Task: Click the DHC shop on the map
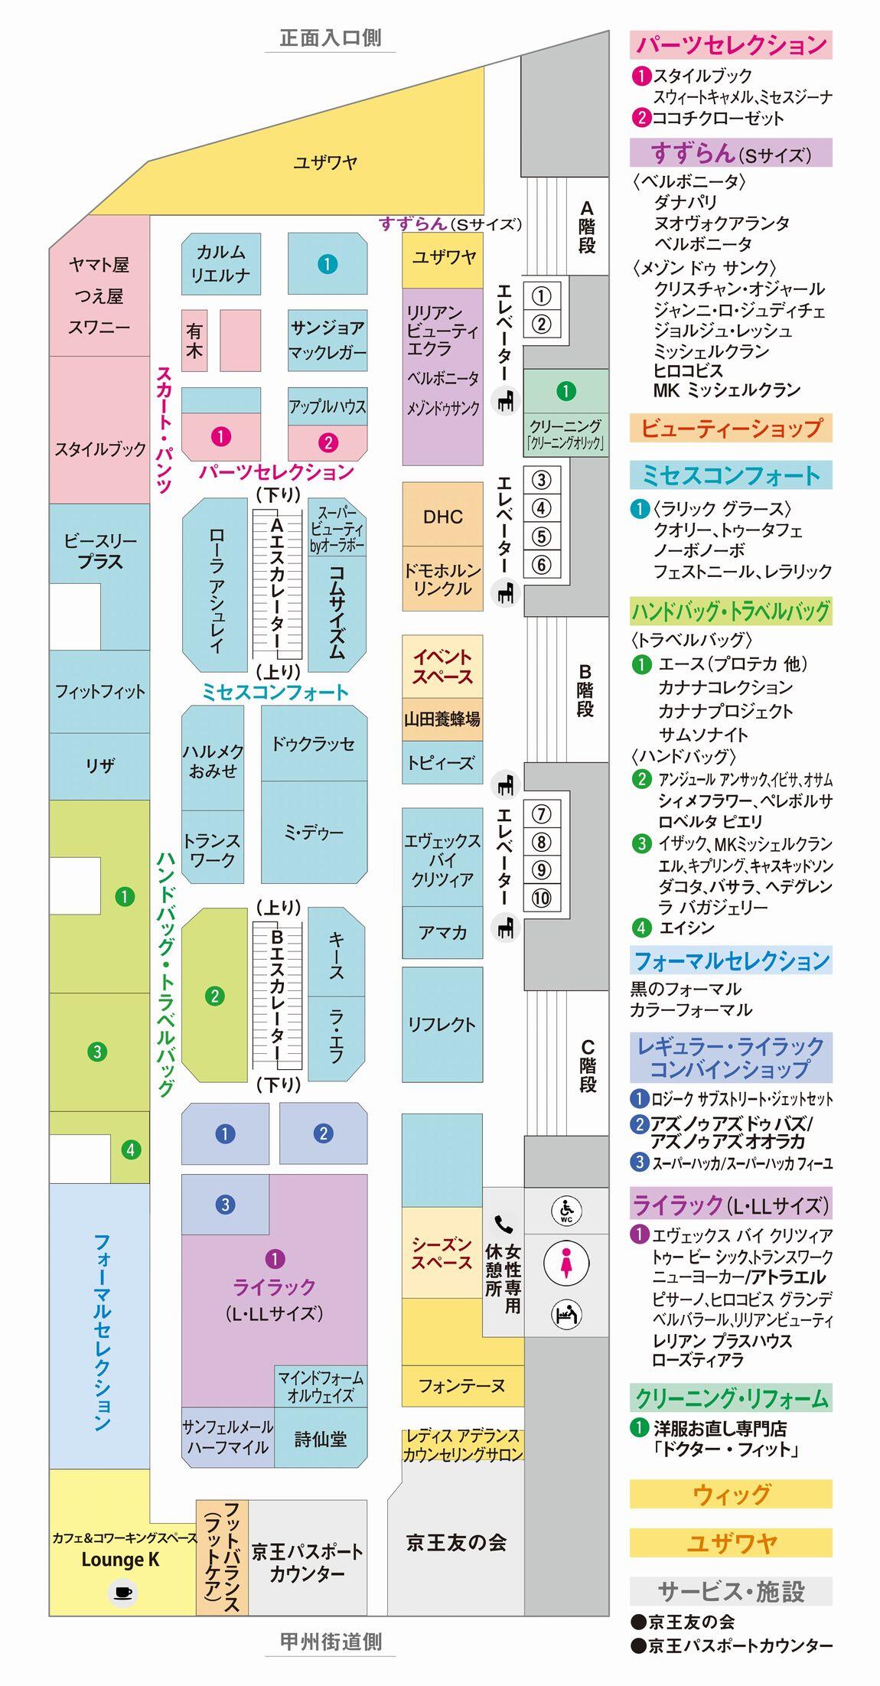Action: click(443, 517)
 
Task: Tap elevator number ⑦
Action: click(541, 814)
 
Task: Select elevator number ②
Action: click(541, 324)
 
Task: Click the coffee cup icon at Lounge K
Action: click(122, 1593)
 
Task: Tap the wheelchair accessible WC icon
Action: click(566, 1212)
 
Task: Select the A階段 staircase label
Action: click(586, 227)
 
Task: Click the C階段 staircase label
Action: click(587, 1065)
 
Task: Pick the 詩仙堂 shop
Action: click(320, 1439)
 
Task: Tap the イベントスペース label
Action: click(442, 667)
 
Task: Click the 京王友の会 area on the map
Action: click(456, 1542)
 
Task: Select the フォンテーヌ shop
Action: click(462, 1386)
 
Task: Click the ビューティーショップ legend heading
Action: click(730, 428)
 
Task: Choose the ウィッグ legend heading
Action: click(730, 1493)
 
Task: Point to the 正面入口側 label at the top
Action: click(330, 38)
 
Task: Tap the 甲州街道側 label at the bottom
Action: click(330, 1641)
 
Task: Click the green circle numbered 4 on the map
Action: click(130, 1150)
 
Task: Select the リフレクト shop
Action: click(442, 1025)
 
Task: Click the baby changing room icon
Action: click(566, 1315)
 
